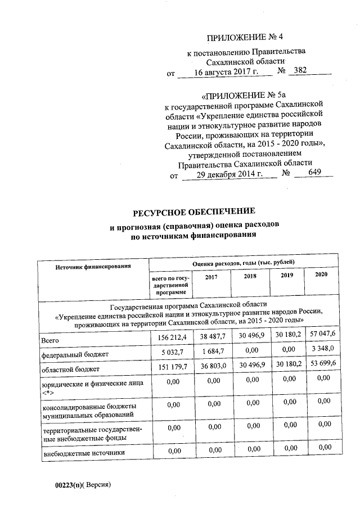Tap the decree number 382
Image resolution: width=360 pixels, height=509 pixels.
tap(302, 71)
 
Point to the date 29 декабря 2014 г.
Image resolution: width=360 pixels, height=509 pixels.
tap(229, 174)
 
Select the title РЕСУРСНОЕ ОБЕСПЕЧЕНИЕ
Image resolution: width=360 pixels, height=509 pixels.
tap(193, 212)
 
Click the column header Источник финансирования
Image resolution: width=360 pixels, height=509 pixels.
tap(93, 265)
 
